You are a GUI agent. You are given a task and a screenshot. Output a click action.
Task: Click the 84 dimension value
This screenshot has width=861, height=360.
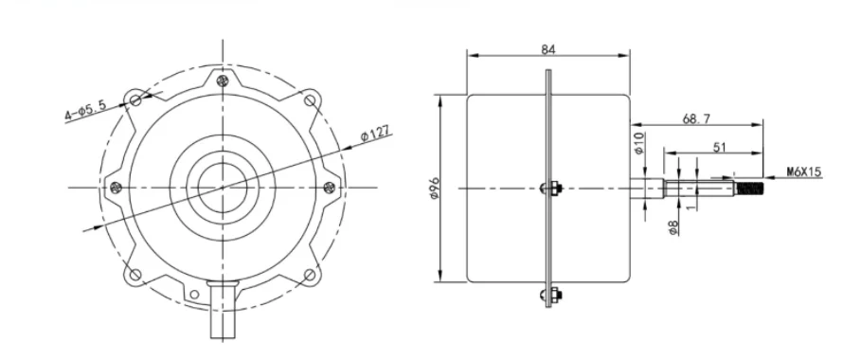(x=548, y=49)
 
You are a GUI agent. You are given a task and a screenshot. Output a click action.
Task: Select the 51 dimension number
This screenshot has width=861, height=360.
(x=719, y=147)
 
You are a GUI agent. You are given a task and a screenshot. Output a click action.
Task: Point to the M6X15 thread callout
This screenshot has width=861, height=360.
(x=804, y=172)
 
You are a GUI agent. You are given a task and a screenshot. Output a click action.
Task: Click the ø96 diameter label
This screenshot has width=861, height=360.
(x=435, y=188)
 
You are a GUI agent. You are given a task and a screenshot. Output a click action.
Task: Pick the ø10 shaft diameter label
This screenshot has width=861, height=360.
(x=638, y=142)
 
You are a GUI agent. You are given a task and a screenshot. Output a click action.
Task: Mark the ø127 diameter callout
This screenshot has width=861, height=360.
(x=375, y=135)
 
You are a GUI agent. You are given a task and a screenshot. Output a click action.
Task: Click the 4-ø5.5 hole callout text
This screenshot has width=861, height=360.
(x=85, y=109)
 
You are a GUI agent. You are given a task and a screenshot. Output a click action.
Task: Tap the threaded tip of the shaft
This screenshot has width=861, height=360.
(x=750, y=189)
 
